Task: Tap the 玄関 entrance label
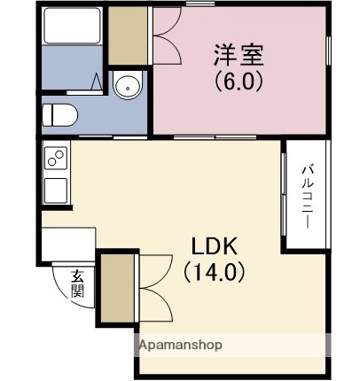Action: coord(78,283)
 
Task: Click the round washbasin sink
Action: coord(127,87)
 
